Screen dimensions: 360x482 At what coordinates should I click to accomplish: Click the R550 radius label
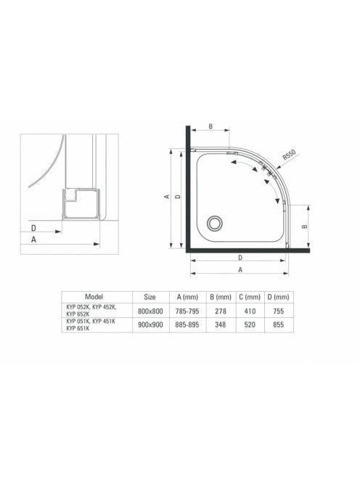pyautogui.click(x=289, y=155)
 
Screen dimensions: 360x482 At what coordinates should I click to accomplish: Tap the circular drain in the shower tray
pyautogui.click(x=214, y=223)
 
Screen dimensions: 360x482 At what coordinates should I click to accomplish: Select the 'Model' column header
pyautogui.click(x=94, y=297)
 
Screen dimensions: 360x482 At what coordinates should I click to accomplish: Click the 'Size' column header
pyautogui.click(x=150, y=297)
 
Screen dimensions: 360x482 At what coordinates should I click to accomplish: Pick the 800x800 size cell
pyautogui.click(x=150, y=311)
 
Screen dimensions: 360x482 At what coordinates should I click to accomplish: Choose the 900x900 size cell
pyautogui.click(x=150, y=324)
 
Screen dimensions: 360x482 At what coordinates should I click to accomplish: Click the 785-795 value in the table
pyautogui.click(x=187, y=311)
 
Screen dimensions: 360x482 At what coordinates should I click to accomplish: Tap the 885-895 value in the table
pyautogui.click(x=187, y=324)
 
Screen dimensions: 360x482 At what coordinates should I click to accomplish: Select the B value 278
pyautogui.click(x=221, y=311)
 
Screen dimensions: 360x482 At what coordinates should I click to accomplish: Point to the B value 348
pyautogui.click(x=221, y=324)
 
